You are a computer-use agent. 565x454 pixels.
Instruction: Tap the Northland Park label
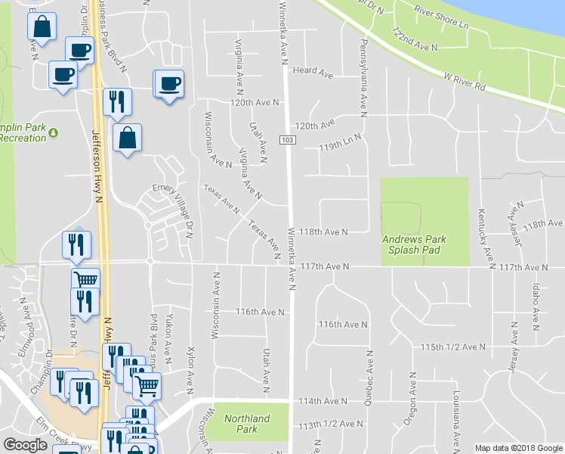pos(247,424)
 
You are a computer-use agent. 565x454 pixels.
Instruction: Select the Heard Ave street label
pos(314,73)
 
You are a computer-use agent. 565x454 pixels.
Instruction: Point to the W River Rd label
pos(464,80)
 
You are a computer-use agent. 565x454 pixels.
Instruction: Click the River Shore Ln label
pos(442,19)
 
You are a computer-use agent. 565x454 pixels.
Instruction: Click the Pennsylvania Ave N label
pos(363,77)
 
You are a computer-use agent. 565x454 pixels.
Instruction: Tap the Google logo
pos(25,445)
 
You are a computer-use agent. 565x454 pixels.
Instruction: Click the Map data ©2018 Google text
pos(518,448)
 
